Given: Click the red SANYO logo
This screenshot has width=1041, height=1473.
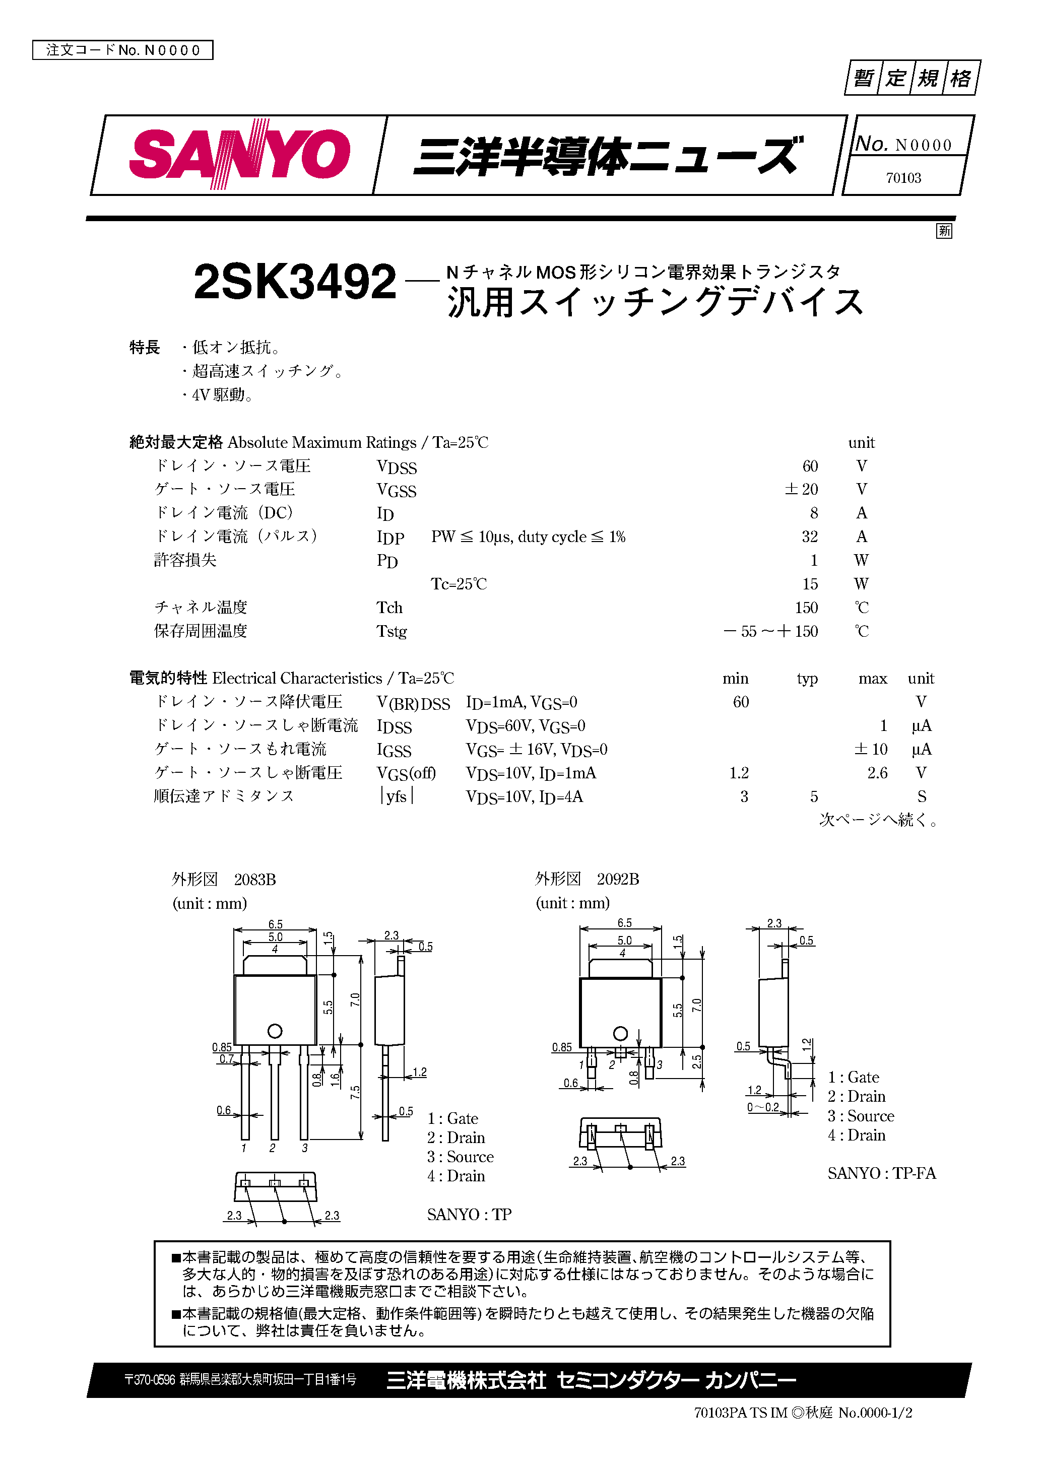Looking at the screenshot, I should (239, 154).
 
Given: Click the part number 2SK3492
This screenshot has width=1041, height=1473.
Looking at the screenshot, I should (295, 282).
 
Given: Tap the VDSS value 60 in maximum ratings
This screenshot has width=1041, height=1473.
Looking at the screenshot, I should (809, 466).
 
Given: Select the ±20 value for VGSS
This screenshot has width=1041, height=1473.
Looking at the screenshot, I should (801, 490).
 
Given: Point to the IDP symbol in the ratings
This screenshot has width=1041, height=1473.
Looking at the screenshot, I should (390, 538).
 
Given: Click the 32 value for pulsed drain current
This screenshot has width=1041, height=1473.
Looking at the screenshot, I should (809, 537).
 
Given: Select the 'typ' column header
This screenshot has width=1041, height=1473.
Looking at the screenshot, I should (807, 679).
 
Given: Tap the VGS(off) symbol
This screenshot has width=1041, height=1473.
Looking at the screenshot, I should (406, 774).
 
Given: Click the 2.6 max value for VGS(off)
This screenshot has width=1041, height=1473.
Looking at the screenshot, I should (877, 773).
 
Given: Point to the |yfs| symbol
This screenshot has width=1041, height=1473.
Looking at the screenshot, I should (397, 797).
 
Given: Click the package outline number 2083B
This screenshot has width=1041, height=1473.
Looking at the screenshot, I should (255, 880).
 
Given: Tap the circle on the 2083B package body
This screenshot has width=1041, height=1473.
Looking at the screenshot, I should (275, 1031).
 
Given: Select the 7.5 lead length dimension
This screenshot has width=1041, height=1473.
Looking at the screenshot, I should (355, 1093).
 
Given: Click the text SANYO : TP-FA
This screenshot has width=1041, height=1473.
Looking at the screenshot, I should (881, 1173).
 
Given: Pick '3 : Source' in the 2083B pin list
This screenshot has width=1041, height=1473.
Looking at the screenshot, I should (460, 1157).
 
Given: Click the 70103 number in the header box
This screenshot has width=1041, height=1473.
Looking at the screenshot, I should (903, 178).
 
